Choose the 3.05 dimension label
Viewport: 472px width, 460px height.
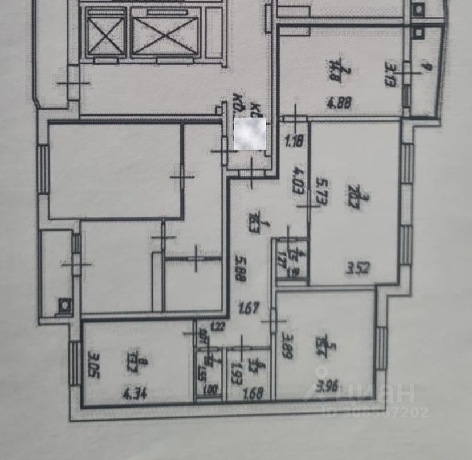(91, 362)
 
